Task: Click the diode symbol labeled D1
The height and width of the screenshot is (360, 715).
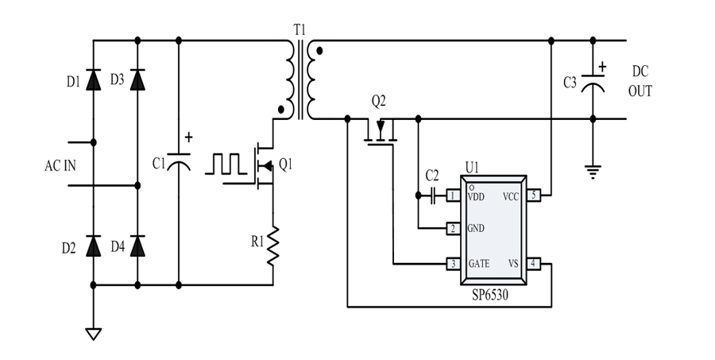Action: pos(94,79)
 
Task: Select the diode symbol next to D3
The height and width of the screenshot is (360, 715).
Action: pos(138,79)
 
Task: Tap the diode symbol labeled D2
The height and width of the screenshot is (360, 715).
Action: pos(94,246)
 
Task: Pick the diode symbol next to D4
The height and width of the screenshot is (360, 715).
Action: pos(138,246)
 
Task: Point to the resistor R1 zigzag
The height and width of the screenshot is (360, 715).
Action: pos(273,247)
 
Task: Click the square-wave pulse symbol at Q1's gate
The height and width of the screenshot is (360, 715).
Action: pos(227,163)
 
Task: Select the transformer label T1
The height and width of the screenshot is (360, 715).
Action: pos(299,30)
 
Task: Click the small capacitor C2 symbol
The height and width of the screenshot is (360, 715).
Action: pos(433,195)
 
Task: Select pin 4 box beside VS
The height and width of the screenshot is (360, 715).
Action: pos(534,263)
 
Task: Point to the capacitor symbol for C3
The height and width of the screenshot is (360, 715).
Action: pos(593,82)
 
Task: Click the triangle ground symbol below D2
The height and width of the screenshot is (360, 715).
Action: pos(94,334)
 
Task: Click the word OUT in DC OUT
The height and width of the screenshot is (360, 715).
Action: pos(640,91)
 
